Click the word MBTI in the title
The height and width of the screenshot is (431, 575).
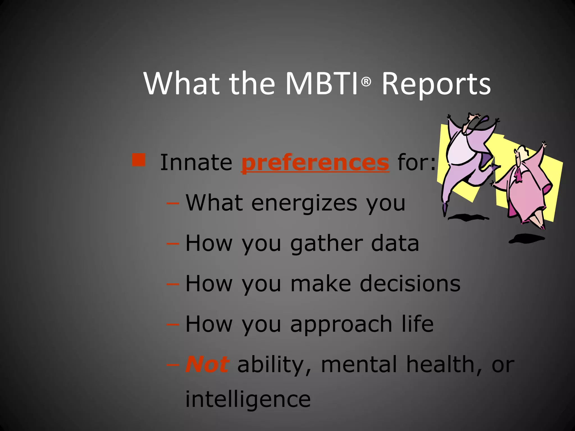pyautogui.click(x=322, y=84)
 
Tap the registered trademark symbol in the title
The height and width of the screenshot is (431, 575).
pyautogui.click(x=366, y=82)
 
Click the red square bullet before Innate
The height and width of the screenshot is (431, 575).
pyautogui.click(x=139, y=160)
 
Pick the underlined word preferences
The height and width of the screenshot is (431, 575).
pyautogui.click(x=315, y=163)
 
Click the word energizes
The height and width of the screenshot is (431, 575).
pyautogui.click(x=304, y=203)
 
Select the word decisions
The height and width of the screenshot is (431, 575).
pyautogui.click(x=410, y=283)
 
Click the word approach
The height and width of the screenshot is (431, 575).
pyautogui.click(x=341, y=324)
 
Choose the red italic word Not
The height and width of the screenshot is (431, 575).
pyautogui.click(x=207, y=364)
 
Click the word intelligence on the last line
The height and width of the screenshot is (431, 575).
pyautogui.click(x=248, y=399)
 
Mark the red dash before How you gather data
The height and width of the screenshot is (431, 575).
pyautogui.click(x=173, y=243)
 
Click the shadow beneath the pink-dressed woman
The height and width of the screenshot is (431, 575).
pyautogui.click(x=527, y=239)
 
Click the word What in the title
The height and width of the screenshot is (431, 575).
pyautogui.click(x=182, y=84)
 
